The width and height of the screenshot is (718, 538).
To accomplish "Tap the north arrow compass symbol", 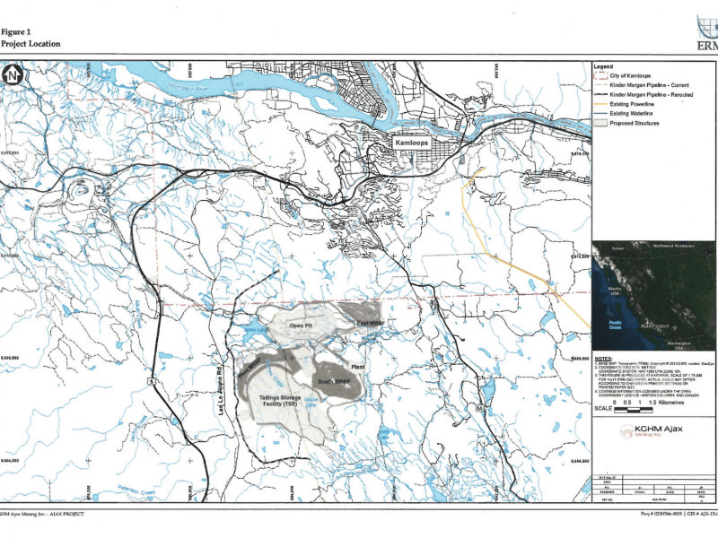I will tap(12, 77).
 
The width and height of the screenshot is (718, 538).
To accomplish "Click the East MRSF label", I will tap(370, 323).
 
